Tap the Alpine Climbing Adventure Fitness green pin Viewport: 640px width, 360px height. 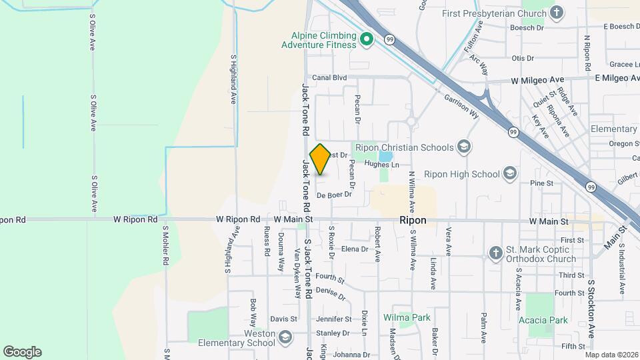(x=366, y=40)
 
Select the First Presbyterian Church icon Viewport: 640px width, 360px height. (x=557, y=12)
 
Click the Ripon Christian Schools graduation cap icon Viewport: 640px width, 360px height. (x=463, y=147)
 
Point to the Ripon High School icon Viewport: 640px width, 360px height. (x=510, y=174)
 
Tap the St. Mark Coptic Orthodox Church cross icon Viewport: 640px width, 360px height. (x=495, y=253)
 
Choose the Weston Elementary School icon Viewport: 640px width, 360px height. (x=285, y=337)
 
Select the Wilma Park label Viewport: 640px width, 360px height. (x=407, y=317)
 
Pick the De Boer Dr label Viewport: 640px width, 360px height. (x=333, y=195)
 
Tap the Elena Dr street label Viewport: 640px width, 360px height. (x=355, y=249)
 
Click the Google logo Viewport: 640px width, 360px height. (x=22, y=352)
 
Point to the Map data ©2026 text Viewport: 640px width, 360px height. (x=611, y=355)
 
